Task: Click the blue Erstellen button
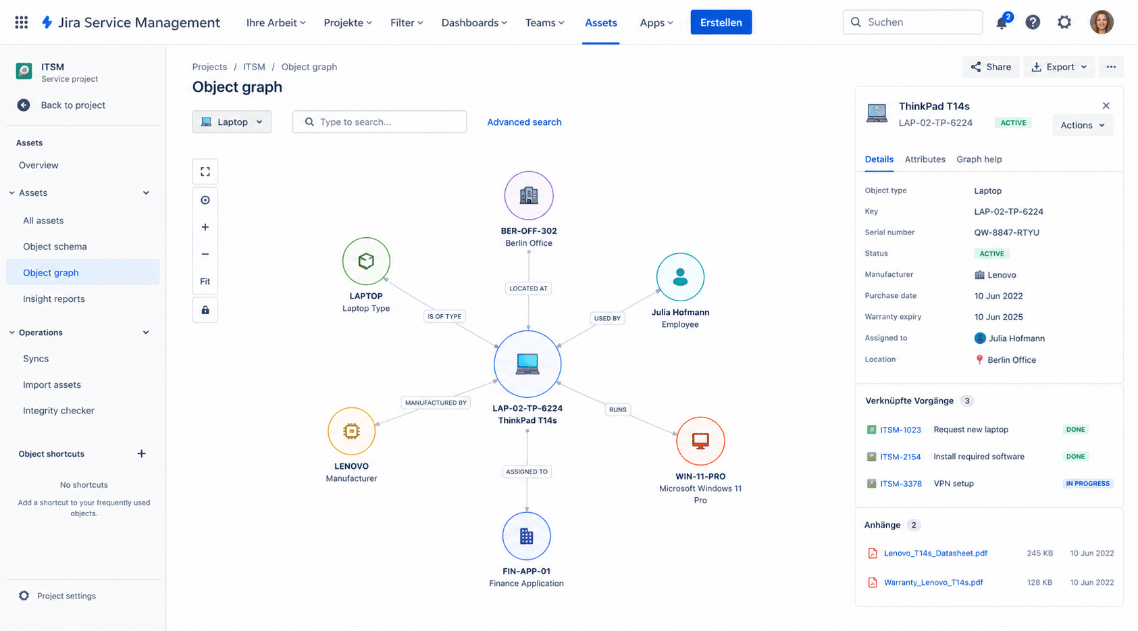coord(721,22)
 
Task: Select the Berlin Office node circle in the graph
coord(528,196)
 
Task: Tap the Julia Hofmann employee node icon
coord(680,277)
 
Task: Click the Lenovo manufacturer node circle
coord(351,431)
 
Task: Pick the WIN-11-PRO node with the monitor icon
coord(700,441)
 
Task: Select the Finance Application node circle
coord(526,536)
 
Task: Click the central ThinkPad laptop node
coord(527,363)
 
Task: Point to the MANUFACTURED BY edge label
coord(436,403)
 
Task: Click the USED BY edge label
coord(607,318)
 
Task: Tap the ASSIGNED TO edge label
coord(526,472)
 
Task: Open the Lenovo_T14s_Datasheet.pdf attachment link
coord(935,553)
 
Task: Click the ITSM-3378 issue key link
coord(900,484)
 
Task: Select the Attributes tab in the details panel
coord(925,159)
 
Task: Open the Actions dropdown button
coord(1082,125)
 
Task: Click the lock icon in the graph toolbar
coord(205,310)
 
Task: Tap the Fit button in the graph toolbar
coord(205,281)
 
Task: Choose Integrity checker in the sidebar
coord(59,411)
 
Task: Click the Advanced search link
coord(524,122)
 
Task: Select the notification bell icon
coord(1002,23)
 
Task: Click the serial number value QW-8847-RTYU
coord(1006,232)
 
